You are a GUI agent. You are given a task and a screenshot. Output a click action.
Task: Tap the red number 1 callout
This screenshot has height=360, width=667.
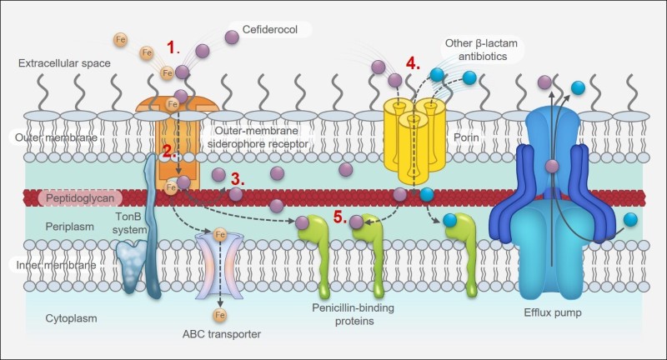173,47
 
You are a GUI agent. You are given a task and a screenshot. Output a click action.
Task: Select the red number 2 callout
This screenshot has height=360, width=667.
168,152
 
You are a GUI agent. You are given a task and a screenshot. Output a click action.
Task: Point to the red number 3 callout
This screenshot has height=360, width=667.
238,177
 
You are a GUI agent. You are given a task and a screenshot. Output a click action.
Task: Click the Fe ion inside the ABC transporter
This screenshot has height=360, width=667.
220,234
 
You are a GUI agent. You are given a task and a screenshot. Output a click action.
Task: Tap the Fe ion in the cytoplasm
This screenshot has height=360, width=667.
220,315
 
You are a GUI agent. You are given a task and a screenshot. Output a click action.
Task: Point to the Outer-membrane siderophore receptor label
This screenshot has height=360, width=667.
262,137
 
